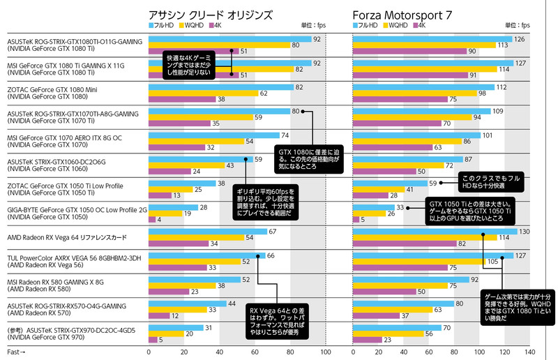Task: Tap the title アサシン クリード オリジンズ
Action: click(x=210, y=15)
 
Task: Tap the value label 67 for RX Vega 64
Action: click(x=273, y=231)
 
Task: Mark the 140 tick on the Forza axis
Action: click(x=529, y=353)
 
